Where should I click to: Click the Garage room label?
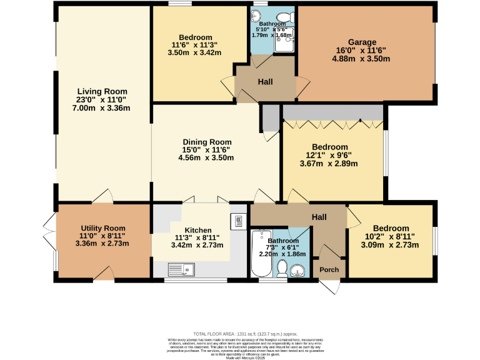(x=362, y=42)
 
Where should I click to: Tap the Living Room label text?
(x=102, y=91)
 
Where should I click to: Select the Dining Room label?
(x=207, y=142)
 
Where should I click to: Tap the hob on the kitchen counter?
(x=239, y=221)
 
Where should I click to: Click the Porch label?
(x=329, y=270)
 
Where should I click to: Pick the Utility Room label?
(x=102, y=228)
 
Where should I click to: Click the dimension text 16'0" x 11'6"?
(x=362, y=51)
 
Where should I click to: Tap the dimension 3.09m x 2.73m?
(x=391, y=245)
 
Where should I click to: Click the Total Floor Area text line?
(x=245, y=334)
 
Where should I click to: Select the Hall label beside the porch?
(x=319, y=217)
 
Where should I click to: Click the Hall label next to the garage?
(x=265, y=82)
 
